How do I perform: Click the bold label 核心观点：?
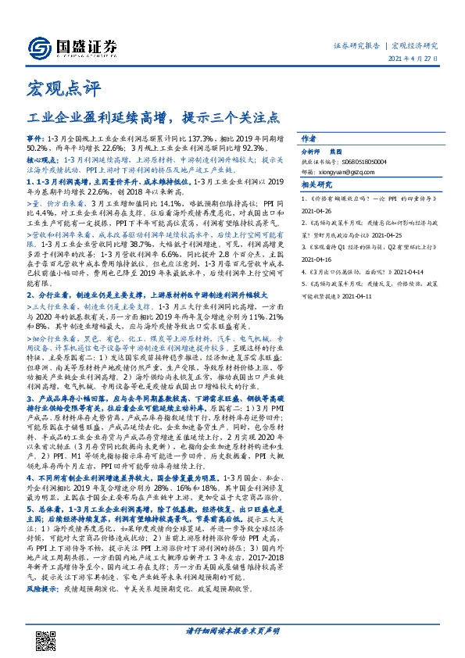tap(40, 158)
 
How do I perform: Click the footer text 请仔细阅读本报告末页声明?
tap(232, 628)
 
